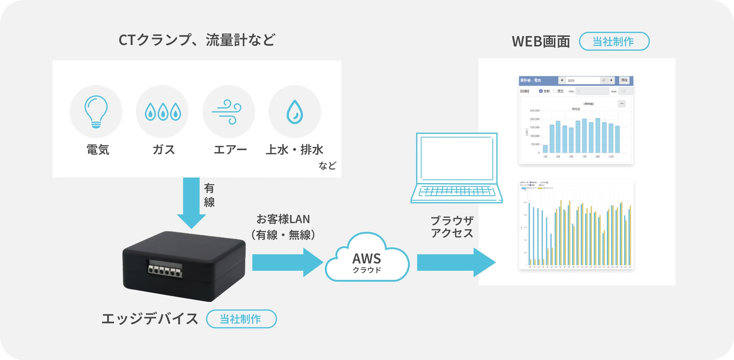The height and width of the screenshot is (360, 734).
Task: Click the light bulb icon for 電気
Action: tap(96, 112)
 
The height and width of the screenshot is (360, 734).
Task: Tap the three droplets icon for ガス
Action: tap(163, 112)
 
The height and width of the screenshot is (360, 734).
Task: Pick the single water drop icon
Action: tap(295, 112)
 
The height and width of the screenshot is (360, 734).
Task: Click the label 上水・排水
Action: tap(294, 150)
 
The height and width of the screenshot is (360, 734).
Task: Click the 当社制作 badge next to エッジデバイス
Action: tap(241, 319)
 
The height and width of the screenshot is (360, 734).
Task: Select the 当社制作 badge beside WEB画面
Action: tap(614, 42)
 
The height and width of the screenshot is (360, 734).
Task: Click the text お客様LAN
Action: tap(283, 219)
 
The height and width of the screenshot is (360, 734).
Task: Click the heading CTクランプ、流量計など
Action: tap(197, 40)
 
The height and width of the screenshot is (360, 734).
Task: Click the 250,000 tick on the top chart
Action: tap(535, 110)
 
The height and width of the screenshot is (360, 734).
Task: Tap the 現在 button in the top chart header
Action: tap(624, 80)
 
